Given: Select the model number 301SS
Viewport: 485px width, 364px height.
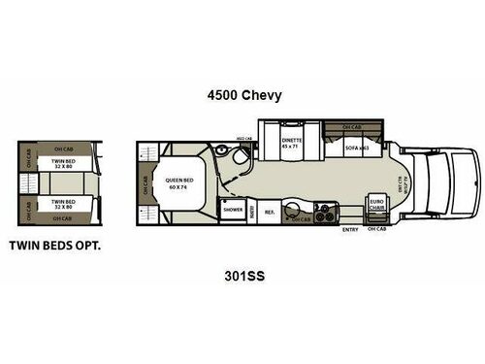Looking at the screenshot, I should pos(242,275).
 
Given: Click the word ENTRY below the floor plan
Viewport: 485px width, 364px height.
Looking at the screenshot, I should pos(350,230).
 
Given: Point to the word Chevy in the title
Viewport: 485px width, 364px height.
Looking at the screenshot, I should pos(259,95).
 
